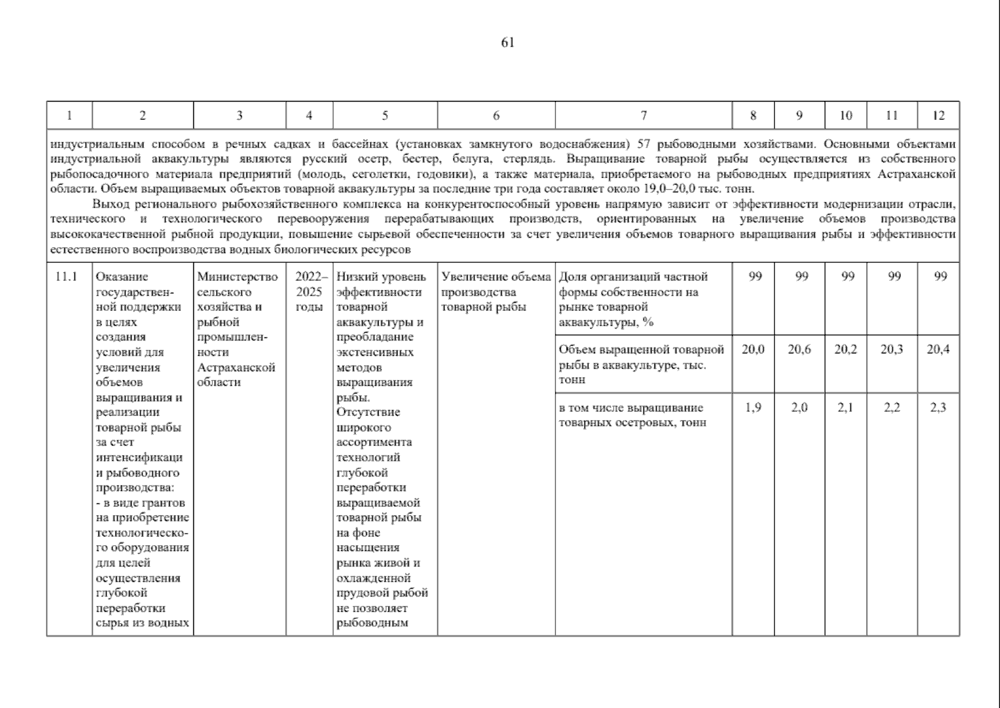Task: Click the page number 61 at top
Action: pos(508,42)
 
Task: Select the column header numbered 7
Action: pos(644,116)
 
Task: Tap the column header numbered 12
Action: pos(938,116)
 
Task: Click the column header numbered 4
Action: pos(309,116)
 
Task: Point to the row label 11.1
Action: pos(67,277)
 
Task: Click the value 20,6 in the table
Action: pos(799,349)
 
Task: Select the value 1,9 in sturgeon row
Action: pos(753,408)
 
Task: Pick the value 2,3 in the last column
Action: pos(938,408)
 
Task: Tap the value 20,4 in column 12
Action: pos(938,349)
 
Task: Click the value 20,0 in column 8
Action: pos(753,349)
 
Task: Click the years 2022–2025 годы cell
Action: pos(309,291)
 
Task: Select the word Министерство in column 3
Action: pos(237,277)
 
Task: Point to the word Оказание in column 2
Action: pos(122,277)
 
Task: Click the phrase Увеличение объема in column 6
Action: pos(496,277)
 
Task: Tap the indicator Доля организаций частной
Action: pos(633,277)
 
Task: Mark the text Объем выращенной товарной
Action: pos(641,349)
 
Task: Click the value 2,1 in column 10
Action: pos(846,408)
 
